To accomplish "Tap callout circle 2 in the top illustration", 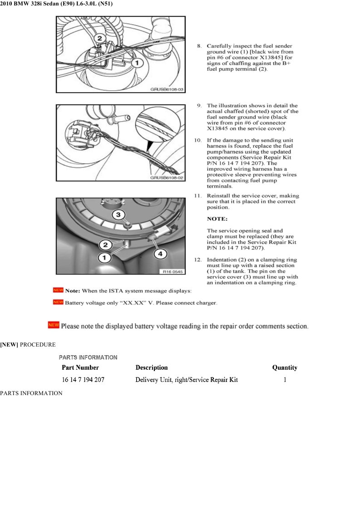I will click(x=100, y=39).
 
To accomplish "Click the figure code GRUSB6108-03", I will click(x=167, y=90).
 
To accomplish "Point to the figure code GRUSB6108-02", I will click(x=167, y=178).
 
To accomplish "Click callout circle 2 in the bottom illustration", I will click(x=105, y=245).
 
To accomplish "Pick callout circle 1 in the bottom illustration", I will click(x=105, y=257).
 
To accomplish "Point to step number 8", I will click(x=199, y=46).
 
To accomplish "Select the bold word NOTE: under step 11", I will click(x=217, y=219).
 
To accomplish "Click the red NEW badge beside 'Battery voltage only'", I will click(x=58, y=302).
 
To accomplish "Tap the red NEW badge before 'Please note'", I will click(x=54, y=325).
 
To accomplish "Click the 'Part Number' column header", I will click(x=80, y=367).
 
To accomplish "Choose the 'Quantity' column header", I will click(x=285, y=367).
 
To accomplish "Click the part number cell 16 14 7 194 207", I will click(x=83, y=380).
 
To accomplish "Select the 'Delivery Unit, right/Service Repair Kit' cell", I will click(x=187, y=380).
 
